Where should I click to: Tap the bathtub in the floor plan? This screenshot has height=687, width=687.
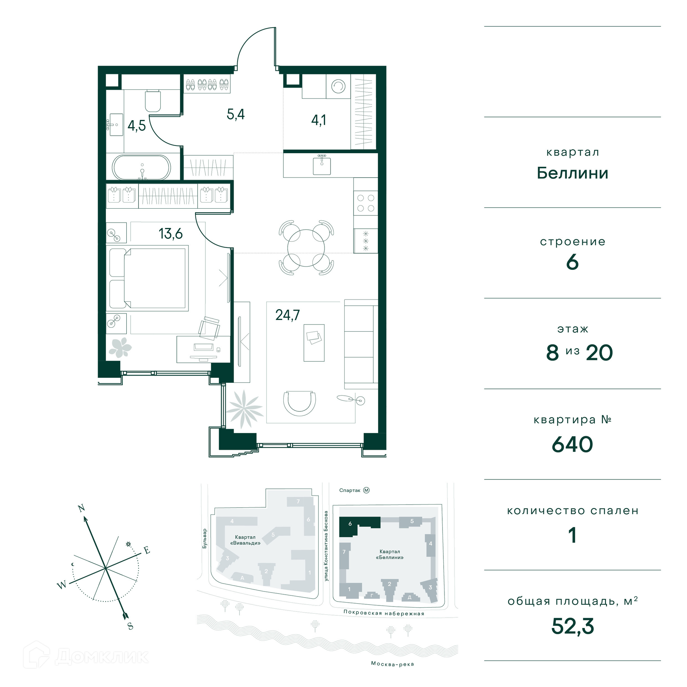pos(142,167)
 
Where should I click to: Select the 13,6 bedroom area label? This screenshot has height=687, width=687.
pos(171,234)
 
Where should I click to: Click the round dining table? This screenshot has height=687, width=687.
pos(306,248)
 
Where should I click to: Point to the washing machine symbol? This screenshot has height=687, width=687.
pos(338,86)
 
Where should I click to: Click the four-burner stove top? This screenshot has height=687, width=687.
pos(366,203)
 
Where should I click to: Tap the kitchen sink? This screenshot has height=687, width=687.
pos(322,165)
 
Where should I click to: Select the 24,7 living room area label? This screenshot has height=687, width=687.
pos(287,315)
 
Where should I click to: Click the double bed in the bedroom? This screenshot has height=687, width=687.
pos(147,278)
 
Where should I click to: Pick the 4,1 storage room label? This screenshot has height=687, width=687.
pos(318,120)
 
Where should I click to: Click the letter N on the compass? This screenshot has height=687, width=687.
pos(82,508)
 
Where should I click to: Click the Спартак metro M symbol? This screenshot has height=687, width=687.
pos(366,490)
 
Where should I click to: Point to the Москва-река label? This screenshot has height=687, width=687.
pos(393,664)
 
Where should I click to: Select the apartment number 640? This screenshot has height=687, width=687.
pos(572,445)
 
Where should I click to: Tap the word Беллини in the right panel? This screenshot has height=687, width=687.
pos(572,173)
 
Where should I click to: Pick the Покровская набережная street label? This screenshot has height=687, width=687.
pos(384,613)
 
